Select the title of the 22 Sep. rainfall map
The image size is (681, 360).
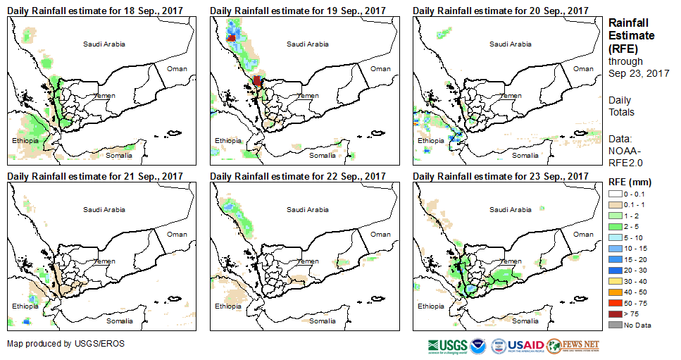tap(298, 175)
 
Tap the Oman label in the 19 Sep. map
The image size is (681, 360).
tap(380, 68)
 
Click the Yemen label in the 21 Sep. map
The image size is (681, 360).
tap(104, 261)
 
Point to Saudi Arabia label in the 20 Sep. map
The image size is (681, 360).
tap(511, 44)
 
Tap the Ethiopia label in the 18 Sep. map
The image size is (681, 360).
tap(25, 141)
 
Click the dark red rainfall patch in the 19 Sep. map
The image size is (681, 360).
tap(257, 80)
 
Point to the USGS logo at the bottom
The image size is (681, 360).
tap(446, 345)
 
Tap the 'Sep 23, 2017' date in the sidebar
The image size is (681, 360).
tap(639, 73)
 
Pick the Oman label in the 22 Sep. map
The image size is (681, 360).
tap(380, 234)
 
